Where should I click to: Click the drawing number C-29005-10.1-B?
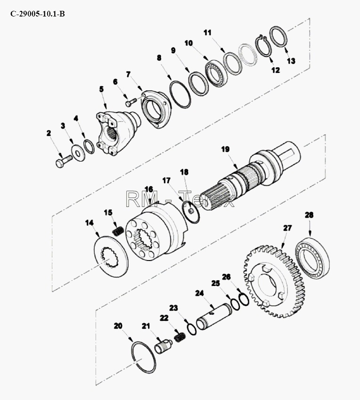pyautogui.click(x=38, y=14)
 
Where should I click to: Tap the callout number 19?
pyautogui.click(x=225, y=149)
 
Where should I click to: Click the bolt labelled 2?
pyautogui.click(x=64, y=161)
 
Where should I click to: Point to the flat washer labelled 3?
pyautogui.click(x=79, y=153)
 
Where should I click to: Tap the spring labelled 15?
pyautogui.click(x=118, y=231)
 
